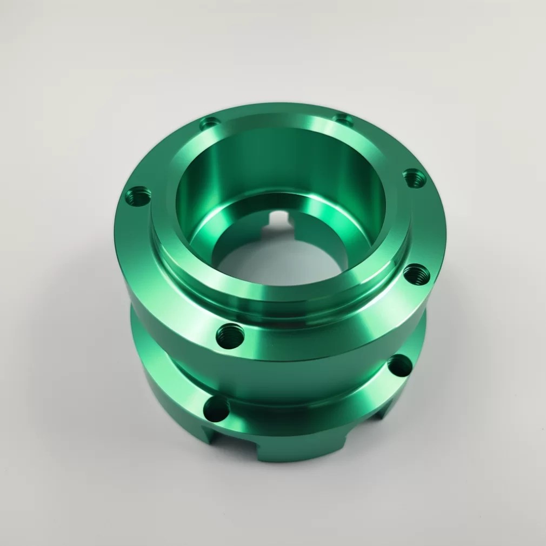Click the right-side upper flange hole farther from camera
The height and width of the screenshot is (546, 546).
click(x=414, y=177)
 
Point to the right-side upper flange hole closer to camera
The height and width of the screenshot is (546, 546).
click(x=417, y=275)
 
